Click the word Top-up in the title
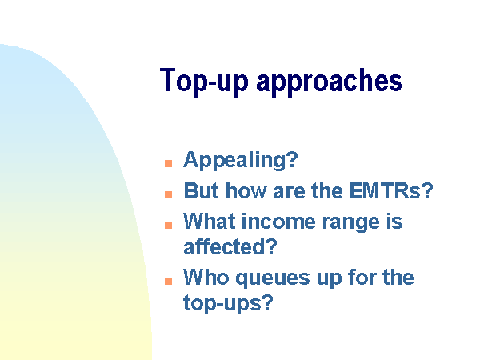pos(204,81)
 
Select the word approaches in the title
pos(329,81)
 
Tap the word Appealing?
pos(241,160)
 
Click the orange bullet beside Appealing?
pos(168,163)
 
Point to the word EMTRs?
pos(391,190)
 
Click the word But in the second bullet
pos(202,190)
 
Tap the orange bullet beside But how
pos(168,194)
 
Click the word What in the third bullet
pos(210,221)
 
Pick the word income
pos(278,221)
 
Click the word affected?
pos(230,246)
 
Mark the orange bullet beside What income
pos(168,225)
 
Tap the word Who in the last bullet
pos(206,277)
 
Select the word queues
pos(273,278)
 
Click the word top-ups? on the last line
pos(228,303)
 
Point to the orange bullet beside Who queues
pos(168,281)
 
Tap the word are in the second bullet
pos(289,192)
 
